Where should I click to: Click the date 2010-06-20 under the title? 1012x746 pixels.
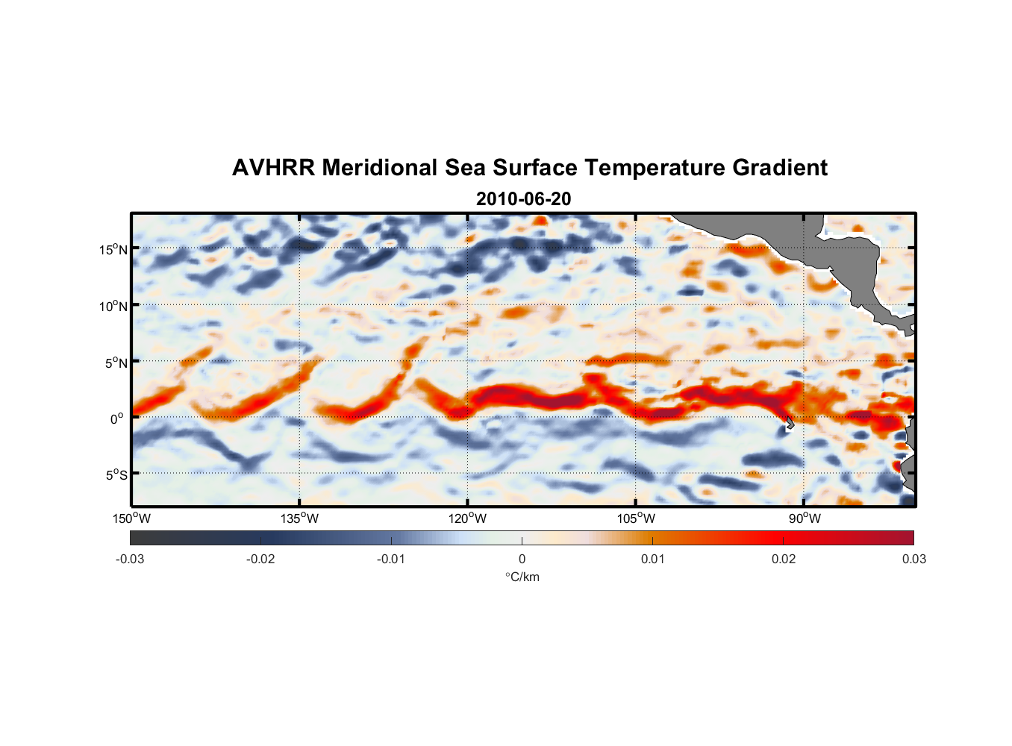point(523,199)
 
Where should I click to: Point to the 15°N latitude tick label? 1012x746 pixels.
point(113,249)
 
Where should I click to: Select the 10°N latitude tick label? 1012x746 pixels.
point(113,306)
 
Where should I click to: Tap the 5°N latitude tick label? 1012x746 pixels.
point(116,363)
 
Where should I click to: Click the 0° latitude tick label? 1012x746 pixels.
point(117,419)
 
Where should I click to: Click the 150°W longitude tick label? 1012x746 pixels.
point(131,518)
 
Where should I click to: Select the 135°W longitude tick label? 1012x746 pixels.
point(299,518)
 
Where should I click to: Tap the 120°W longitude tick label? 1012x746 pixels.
point(467,518)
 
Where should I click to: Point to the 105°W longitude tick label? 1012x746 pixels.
point(636,518)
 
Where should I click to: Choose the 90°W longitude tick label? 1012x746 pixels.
point(805,518)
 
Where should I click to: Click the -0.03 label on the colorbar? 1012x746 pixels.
point(130,559)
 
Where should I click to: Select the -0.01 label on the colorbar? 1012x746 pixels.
point(391,559)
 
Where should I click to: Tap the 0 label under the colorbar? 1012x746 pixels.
point(522,559)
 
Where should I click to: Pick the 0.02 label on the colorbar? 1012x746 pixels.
point(784,559)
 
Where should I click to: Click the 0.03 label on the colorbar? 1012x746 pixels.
point(913,559)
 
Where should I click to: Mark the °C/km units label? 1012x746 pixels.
point(522,577)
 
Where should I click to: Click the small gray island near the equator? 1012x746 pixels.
point(790,424)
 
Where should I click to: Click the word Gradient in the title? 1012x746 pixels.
point(780,168)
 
